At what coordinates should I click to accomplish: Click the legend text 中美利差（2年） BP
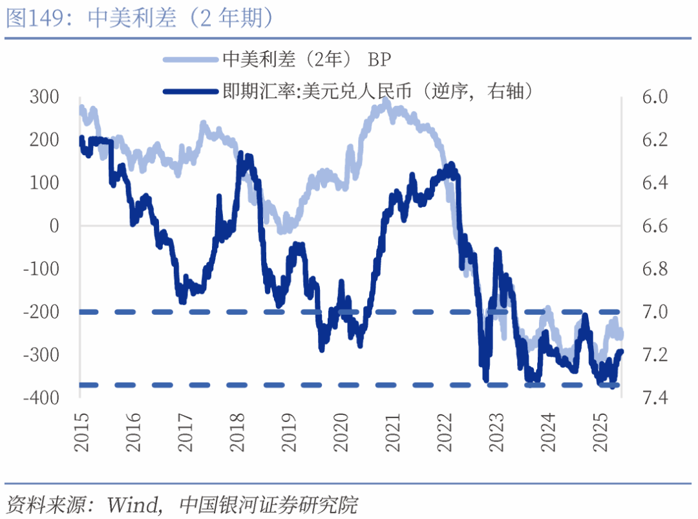[307, 60]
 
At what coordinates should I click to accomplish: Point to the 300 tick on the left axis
[44, 97]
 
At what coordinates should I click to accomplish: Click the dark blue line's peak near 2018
[240, 154]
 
